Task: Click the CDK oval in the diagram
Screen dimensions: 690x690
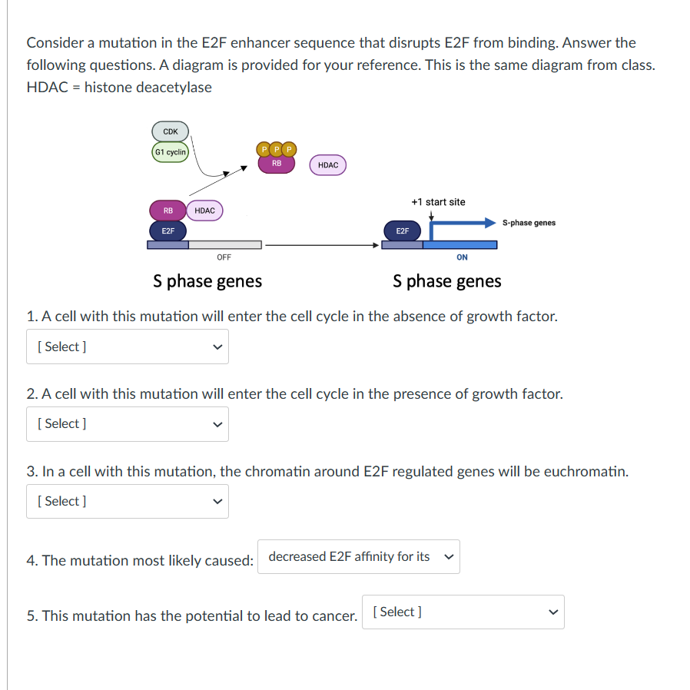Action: [171, 132]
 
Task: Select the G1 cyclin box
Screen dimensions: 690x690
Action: [170, 152]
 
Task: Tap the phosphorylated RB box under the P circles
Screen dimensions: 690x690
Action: [277, 164]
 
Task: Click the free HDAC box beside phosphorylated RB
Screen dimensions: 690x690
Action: [327, 165]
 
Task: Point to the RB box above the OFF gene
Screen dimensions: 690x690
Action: [168, 210]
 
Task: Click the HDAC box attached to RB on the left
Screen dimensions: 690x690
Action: [204, 210]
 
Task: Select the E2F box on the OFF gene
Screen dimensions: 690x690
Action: [168, 231]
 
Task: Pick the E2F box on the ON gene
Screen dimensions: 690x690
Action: [403, 231]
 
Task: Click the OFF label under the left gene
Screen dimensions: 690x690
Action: [224, 257]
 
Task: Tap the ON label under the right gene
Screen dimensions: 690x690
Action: [461, 257]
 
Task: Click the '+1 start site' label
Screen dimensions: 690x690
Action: [438, 202]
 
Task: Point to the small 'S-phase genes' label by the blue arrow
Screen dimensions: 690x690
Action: [529, 223]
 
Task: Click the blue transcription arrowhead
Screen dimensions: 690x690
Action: [489, 223]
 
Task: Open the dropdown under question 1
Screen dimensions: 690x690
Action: [128, 347]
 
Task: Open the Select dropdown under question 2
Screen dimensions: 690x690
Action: [128, 424]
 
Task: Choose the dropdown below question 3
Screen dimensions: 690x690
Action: [128, 501]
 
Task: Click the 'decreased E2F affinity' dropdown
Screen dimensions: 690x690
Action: [359, 557]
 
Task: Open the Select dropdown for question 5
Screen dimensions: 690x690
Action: [463, 612]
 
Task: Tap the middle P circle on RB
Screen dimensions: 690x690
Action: [277, 149]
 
